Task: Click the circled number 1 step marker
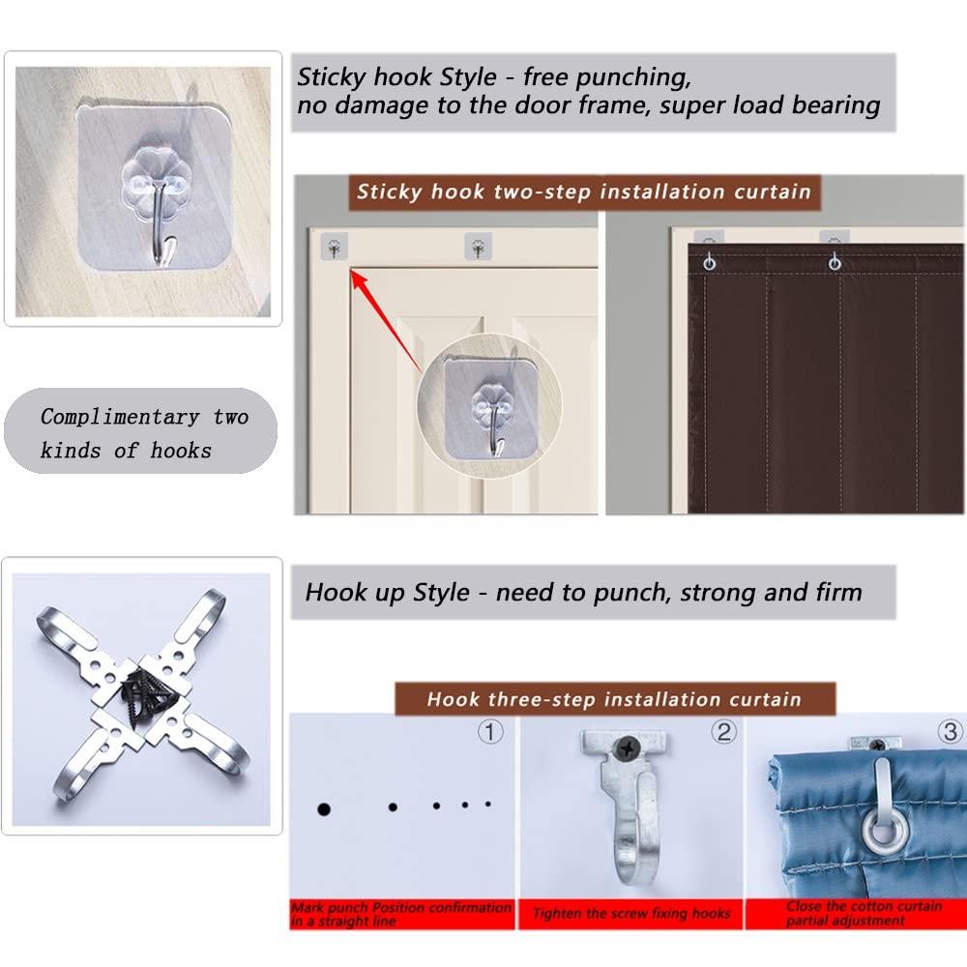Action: click(491, 732)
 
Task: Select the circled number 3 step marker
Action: click(952, 732)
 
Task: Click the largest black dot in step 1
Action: click(324, 808)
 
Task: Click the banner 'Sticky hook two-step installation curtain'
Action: click(584, 191)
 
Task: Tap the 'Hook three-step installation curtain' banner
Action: click(614, 698)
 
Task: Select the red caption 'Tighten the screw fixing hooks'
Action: click(632, 914)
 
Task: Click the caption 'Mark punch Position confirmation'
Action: click(401, 914)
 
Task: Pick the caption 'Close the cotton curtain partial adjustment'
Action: click(864, 914)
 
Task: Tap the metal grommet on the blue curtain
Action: click(881, 828)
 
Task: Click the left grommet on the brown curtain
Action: click(710, 261)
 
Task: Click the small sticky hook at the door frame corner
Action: click(334, 249)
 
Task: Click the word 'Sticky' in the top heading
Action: click(329, 77)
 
